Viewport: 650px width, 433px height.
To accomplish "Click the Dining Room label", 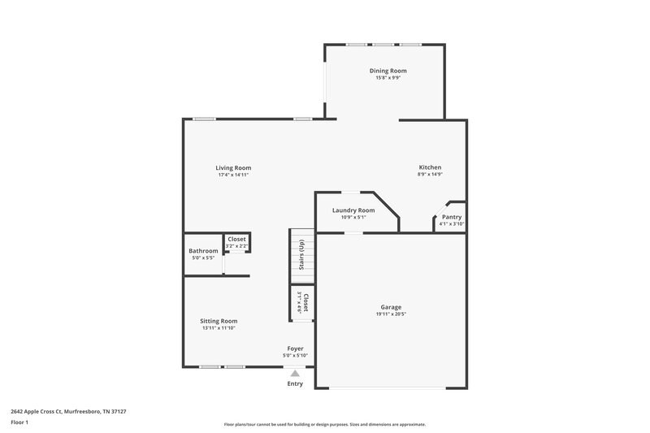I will [387, 71].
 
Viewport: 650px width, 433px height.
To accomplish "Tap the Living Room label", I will [233, 168].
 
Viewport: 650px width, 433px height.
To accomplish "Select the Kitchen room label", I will [430, 167].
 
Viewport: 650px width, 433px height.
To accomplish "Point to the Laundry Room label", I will [353, 210].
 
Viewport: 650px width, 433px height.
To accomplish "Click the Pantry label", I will [452, 217].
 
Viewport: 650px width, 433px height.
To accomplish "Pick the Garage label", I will [391, 307].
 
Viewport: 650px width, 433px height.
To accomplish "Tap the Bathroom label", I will [203, 251].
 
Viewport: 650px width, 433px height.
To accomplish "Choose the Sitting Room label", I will [219, 321].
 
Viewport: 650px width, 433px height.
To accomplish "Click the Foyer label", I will [294, 349].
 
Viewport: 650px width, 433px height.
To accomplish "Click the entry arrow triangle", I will [295, 373].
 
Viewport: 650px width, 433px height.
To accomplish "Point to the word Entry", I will [295, 383].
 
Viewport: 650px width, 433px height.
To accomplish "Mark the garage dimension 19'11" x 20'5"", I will [391, 314].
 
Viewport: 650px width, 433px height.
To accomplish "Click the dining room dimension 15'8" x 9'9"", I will [387, 78].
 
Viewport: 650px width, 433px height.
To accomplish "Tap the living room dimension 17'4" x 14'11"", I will [233, 175].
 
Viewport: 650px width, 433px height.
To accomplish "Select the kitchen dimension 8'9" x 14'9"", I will [430, 175].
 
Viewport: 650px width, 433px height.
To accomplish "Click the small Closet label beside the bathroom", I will [236, 239].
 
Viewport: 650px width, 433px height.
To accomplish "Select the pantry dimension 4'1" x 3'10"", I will [452, 223].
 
